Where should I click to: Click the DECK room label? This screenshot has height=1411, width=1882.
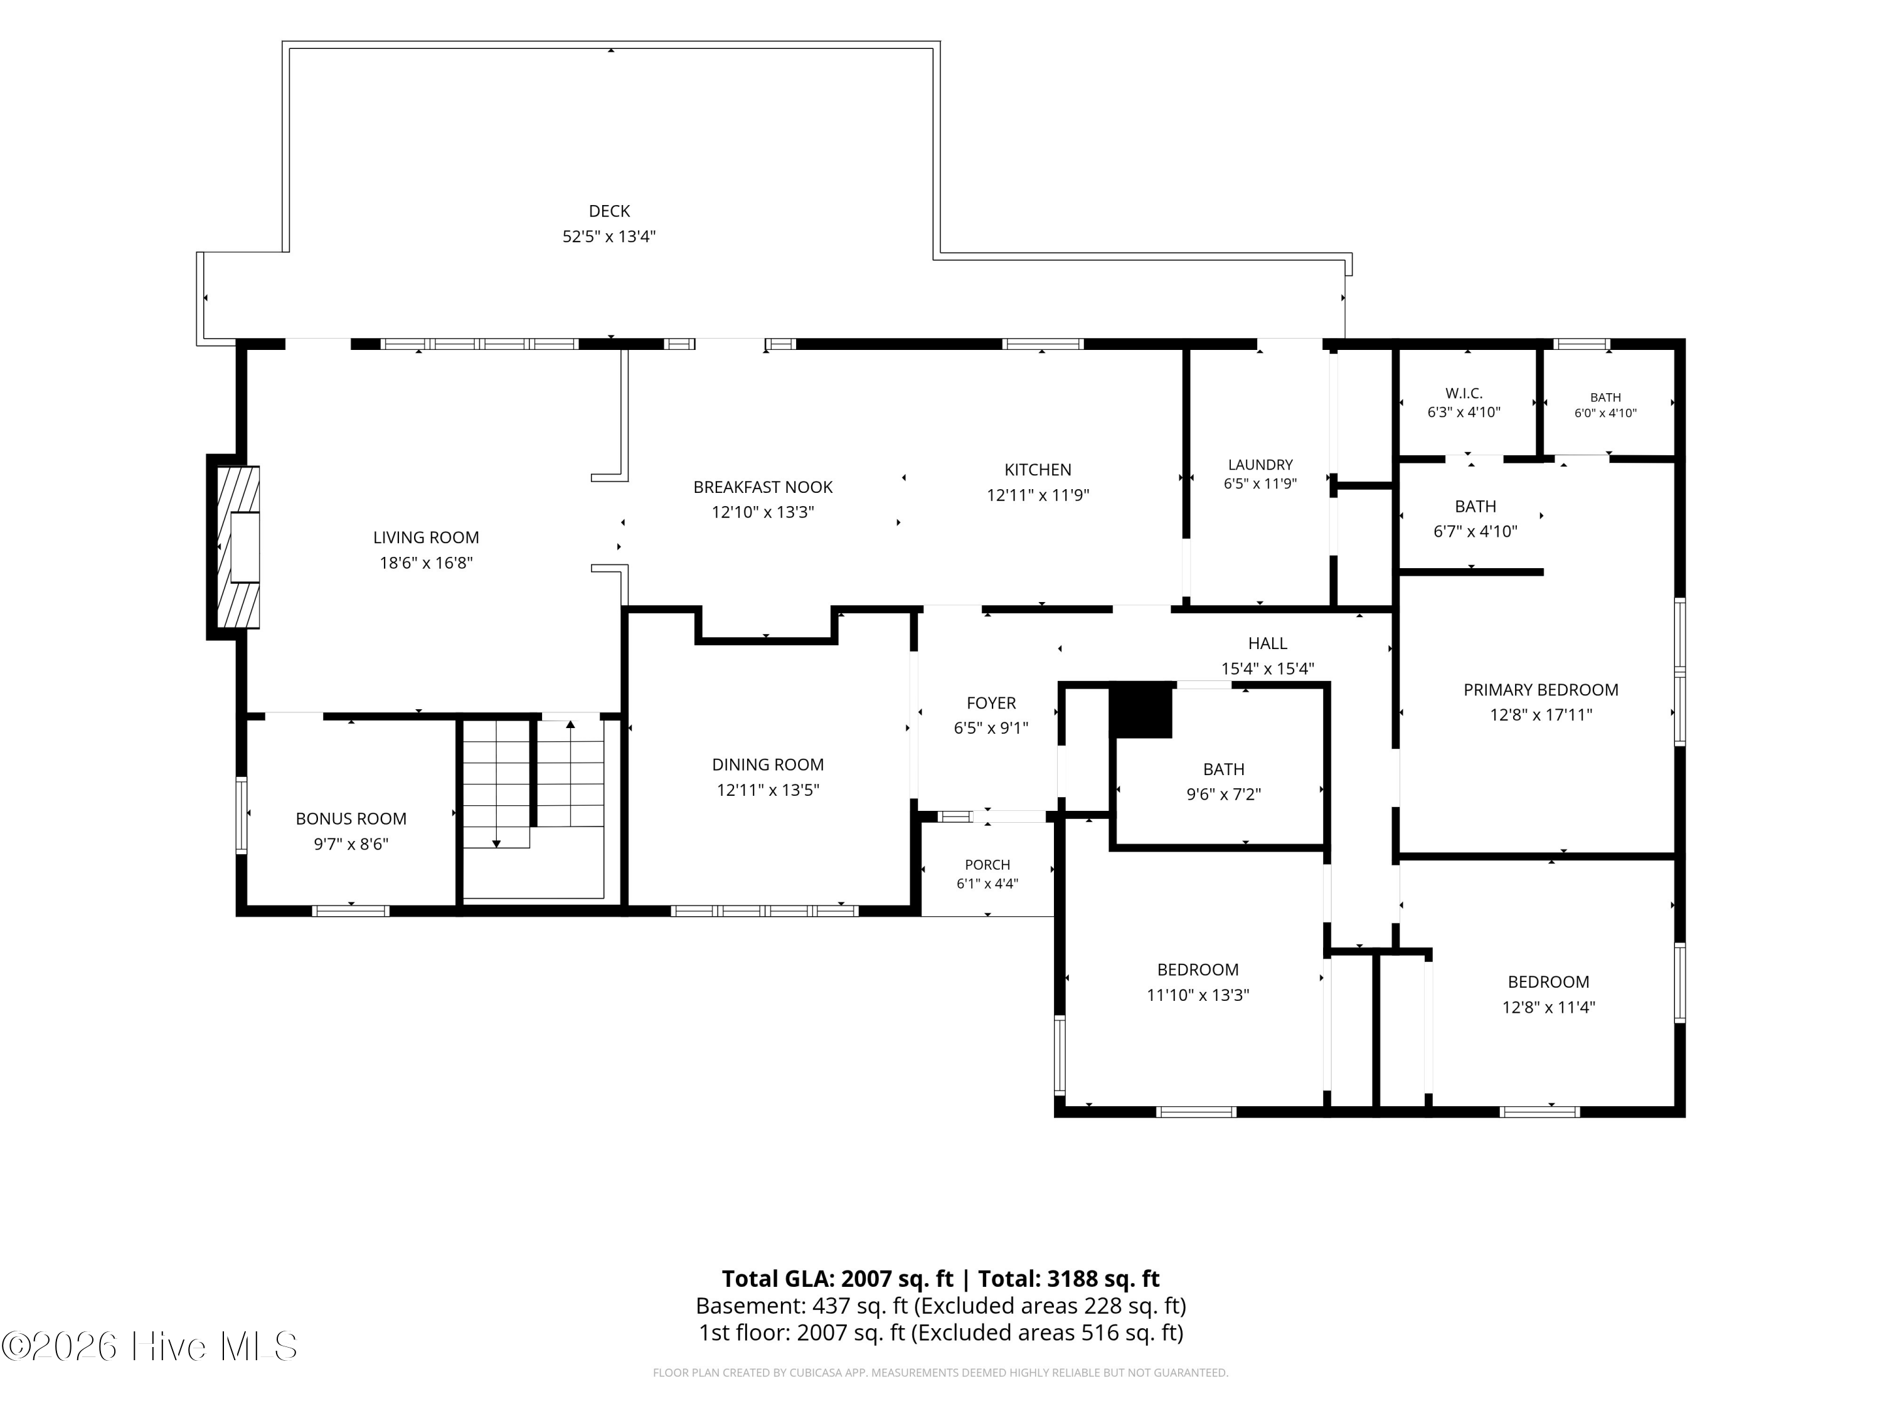(609, 211)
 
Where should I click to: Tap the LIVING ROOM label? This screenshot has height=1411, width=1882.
(425, 537)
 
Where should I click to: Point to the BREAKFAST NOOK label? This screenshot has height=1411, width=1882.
(762, 487)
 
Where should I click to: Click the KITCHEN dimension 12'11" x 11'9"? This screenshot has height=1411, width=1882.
(1038, 495)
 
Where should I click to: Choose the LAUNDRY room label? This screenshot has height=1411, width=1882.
(1260, 465)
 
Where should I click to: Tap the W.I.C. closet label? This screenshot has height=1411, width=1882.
(1464, 394)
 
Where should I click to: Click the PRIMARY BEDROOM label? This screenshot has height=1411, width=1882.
(1541, 690)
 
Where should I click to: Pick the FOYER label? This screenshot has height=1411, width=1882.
(991, 704)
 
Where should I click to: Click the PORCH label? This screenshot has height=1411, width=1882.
(987, 865)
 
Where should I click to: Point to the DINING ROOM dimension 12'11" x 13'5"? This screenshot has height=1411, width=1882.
(767, 790)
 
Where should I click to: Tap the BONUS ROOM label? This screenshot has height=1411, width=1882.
(351, 819)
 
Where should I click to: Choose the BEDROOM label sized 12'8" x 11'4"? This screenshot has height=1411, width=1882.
(1548, 982)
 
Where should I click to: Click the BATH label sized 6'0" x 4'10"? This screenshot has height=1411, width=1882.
(1605, 397)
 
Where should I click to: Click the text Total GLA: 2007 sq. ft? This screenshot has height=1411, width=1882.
(837, 1278)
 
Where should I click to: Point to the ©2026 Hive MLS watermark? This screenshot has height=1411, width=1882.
(150, 1346)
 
